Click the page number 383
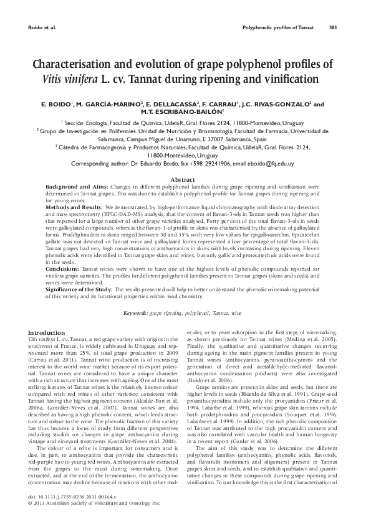click(x=333, y=27)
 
